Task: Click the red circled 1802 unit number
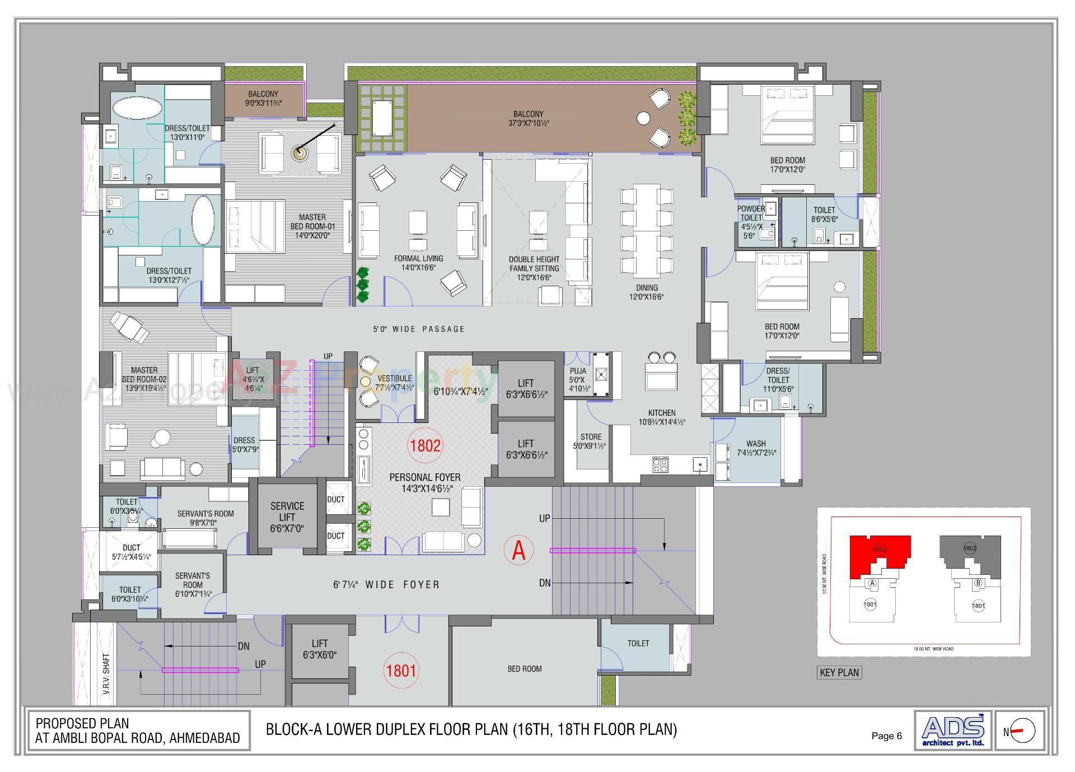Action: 426,445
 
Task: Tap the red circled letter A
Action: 518,550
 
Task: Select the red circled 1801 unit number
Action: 401,670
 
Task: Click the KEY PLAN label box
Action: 839,672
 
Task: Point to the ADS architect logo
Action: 953,730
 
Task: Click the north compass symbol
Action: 1023,731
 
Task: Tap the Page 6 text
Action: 886,736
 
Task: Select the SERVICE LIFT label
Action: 287,517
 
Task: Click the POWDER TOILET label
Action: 750,213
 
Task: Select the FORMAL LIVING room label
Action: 418,263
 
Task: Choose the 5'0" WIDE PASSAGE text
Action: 419,329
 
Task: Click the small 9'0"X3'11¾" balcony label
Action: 263,99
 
